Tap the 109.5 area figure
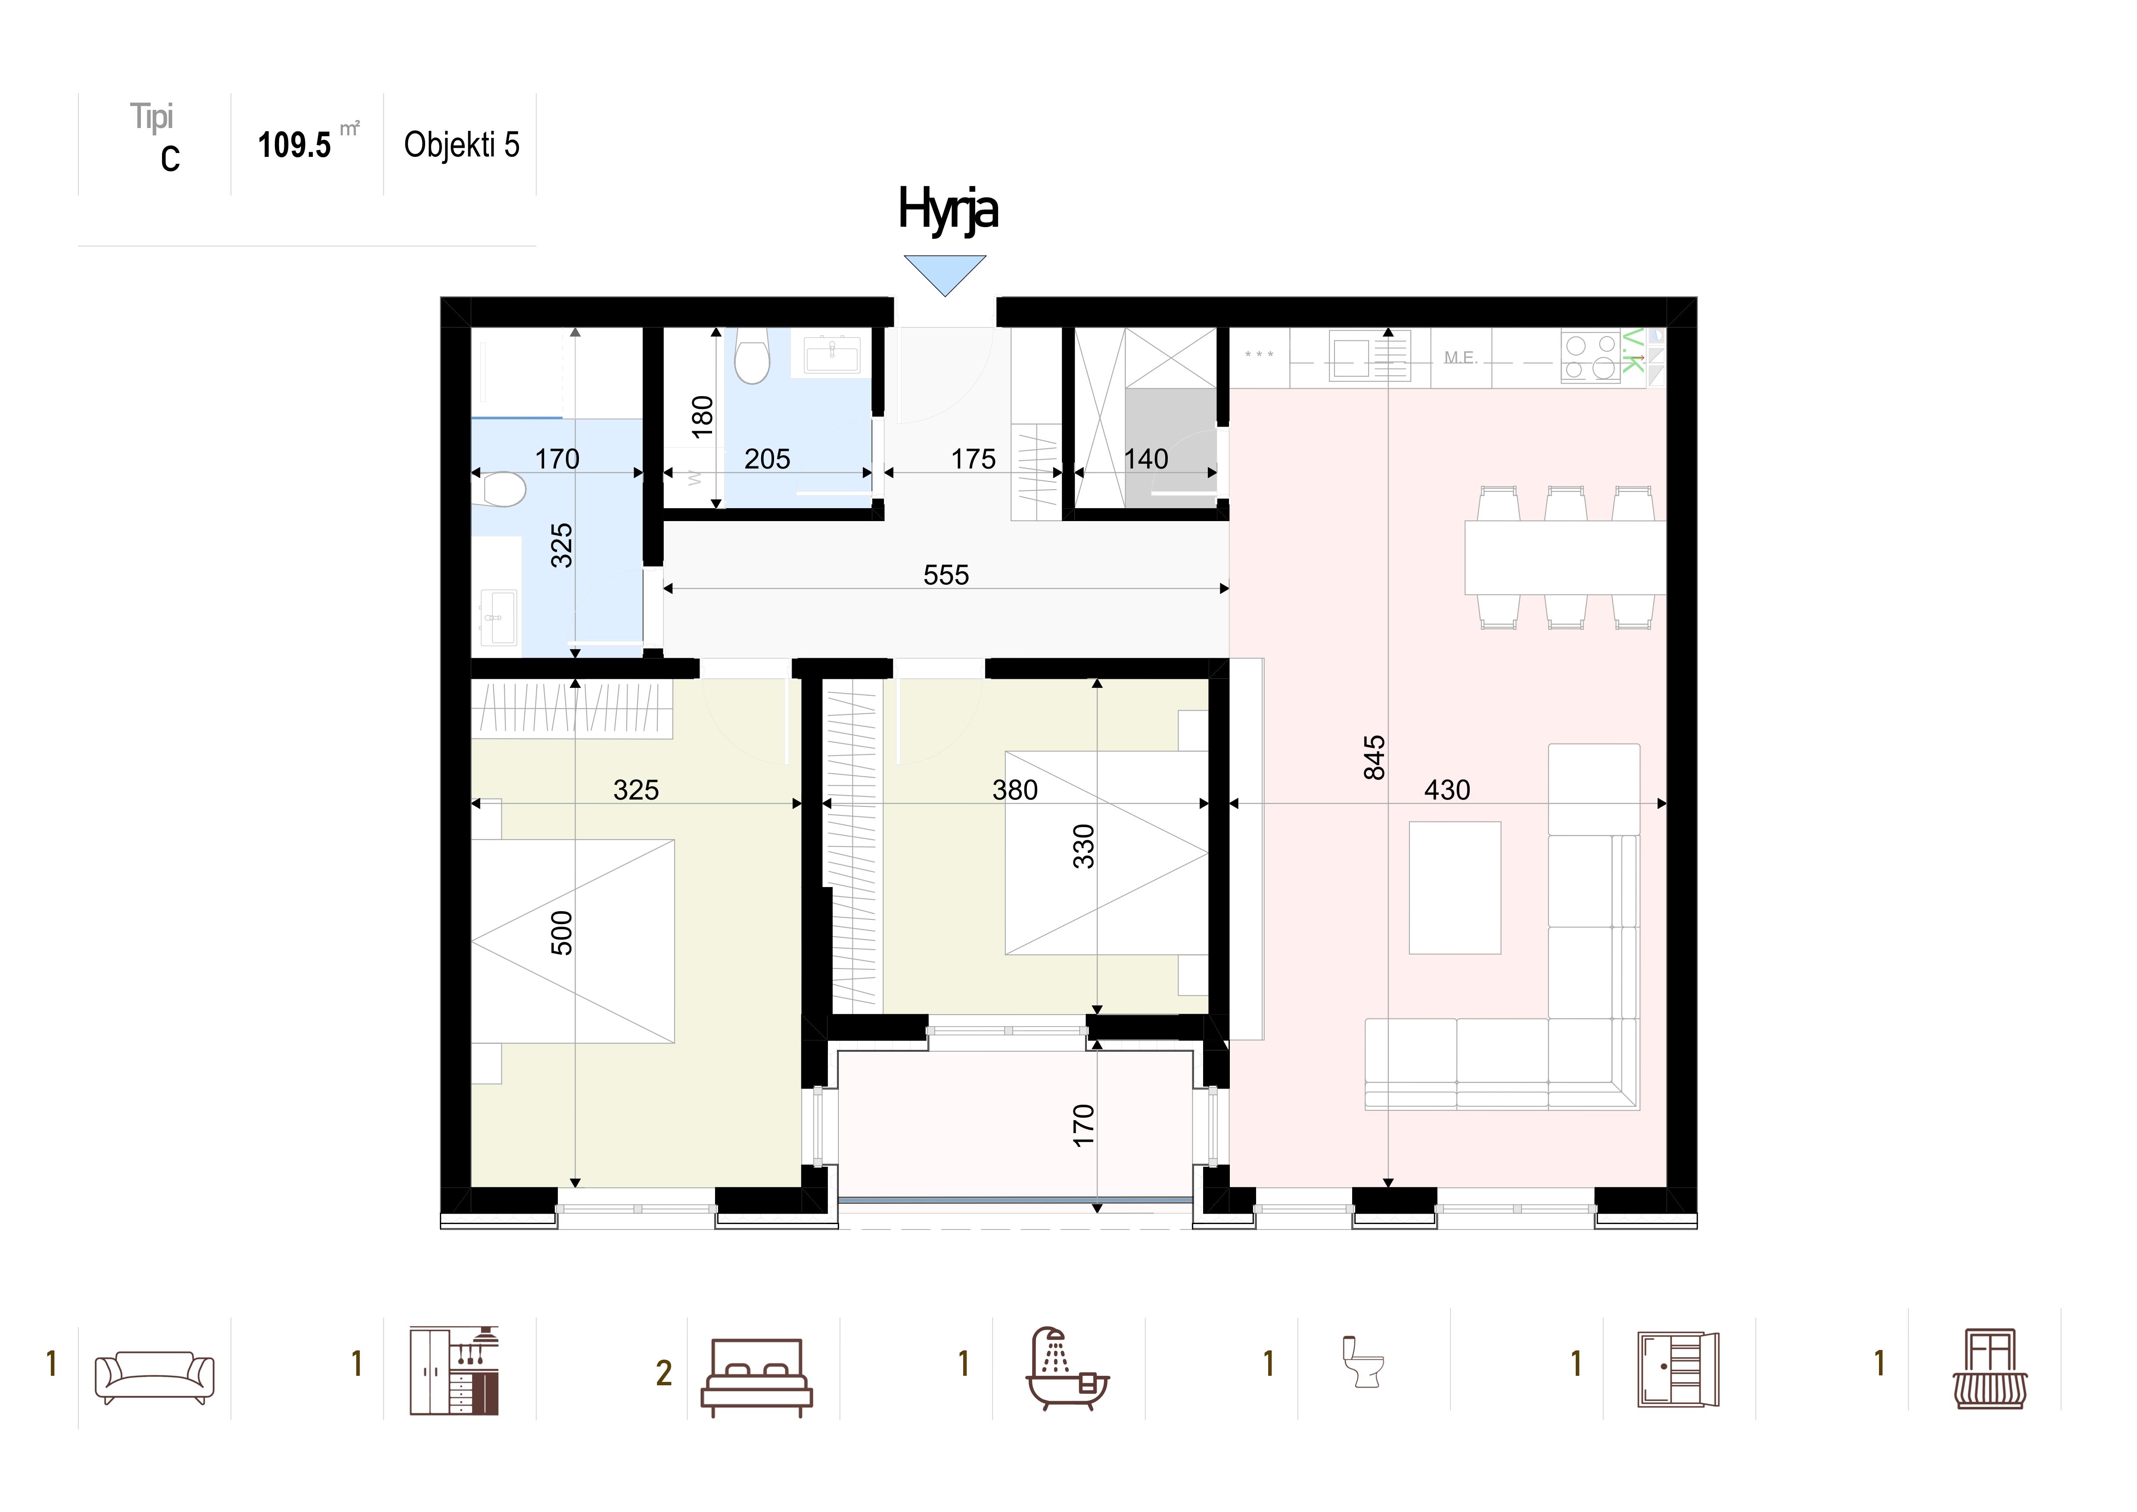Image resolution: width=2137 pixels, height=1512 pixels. pyautogui.click(x=294, y=145)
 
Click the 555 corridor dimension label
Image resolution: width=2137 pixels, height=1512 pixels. pyautogui.click(x=946, y=575)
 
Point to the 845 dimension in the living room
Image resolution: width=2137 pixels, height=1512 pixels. pyautogui.click(x=1374, y=757)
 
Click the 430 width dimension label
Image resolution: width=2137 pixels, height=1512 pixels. pyautogui.click(x=1447, y=790)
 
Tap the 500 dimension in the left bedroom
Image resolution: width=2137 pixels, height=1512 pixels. pyautogui.click(x=562, y=933)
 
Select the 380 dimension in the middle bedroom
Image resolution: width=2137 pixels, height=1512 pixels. pyautogui.click(x=1014, y=790)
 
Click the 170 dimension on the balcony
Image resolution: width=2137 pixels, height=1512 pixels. pyautogui.click(x=1083, y=1125)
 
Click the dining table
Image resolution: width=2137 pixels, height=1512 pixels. pyautogui.click(x=1565, y=557)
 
